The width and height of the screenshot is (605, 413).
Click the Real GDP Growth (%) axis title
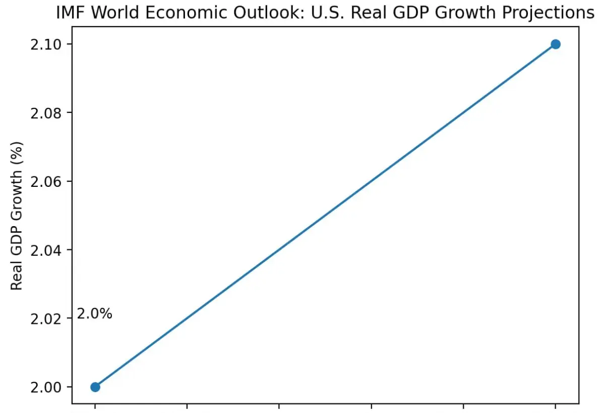17,216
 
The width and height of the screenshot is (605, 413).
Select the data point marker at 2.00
95,387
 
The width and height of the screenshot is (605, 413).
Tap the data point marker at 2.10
556,44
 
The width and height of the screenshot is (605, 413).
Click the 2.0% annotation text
94,314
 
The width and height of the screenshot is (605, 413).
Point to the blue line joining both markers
325,216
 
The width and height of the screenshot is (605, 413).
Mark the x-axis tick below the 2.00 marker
95,405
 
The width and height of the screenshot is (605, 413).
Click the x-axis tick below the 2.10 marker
556,405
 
